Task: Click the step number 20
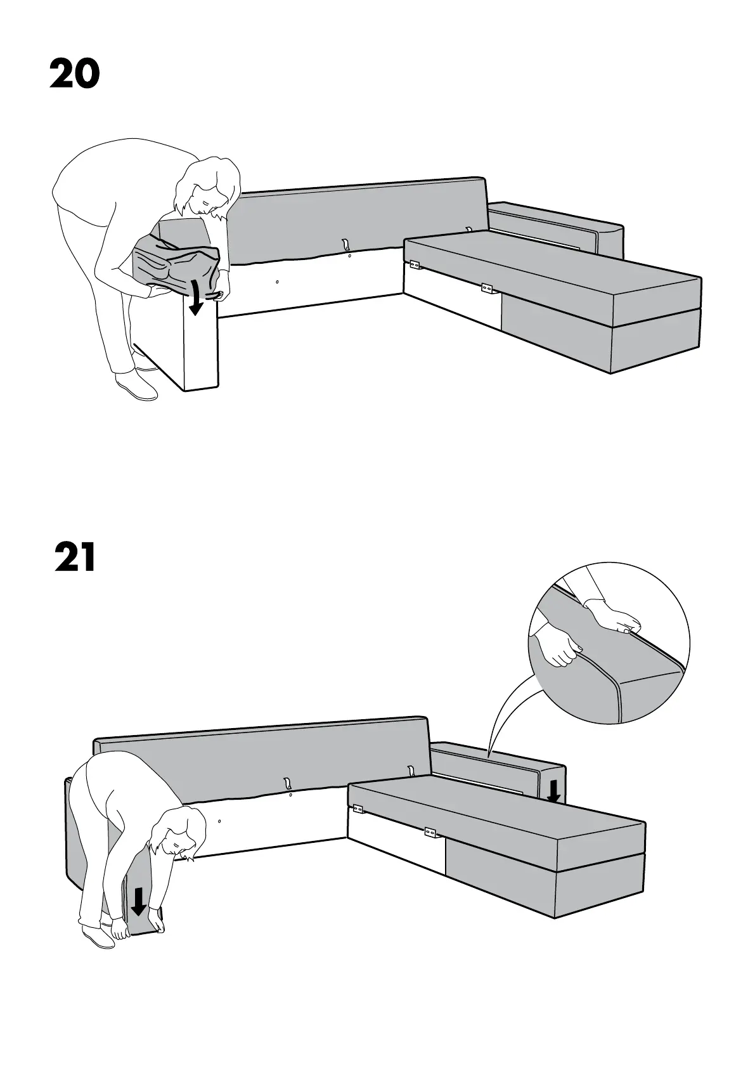[75, 74]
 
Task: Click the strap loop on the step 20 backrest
[345, 244]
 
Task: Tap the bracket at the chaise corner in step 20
[415, 264]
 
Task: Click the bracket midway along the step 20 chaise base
[487, 289]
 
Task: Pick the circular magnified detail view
[609, 642]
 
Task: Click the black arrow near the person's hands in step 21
[138, 901]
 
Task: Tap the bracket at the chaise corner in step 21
[358, 809]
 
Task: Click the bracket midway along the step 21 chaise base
[430, 831]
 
